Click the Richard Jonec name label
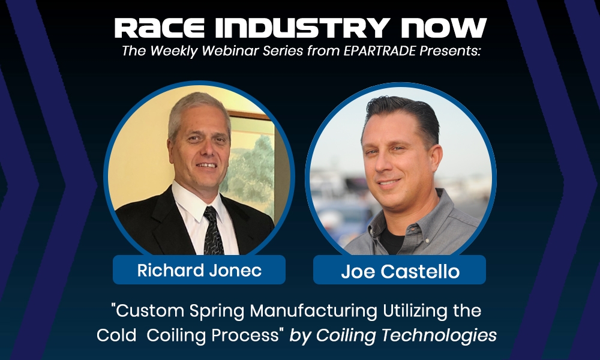(x=199, y=271)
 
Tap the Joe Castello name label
(x=400, y=271)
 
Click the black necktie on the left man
(x=213, y=231)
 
